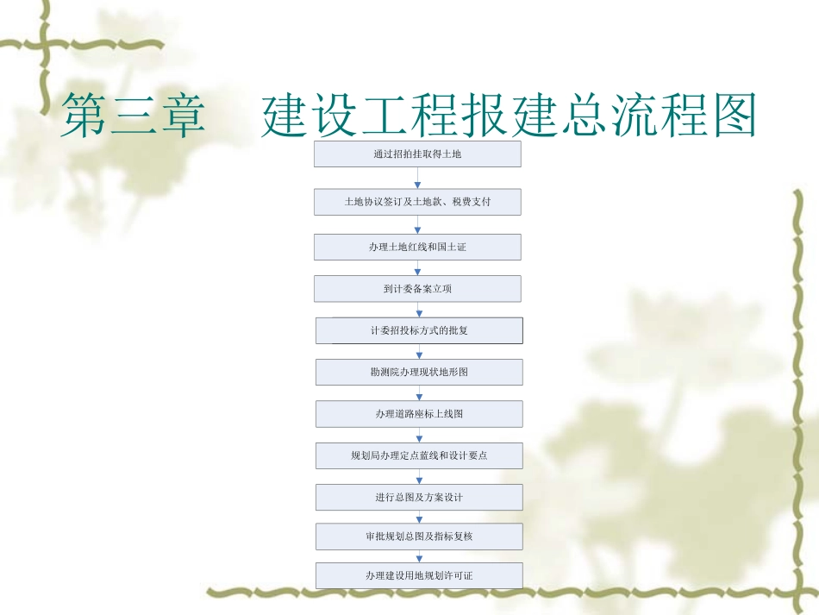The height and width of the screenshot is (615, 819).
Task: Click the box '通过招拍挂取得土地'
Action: click(417, 155)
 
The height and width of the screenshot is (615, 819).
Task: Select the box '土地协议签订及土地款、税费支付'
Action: click(417, 202)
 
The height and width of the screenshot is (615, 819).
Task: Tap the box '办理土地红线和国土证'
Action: click(417, 248)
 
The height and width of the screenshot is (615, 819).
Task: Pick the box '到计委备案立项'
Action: click(417, 289)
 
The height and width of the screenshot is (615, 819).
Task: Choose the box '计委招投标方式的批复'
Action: click(418, 330)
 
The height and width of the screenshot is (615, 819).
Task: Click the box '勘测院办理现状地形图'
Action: click(418, 372)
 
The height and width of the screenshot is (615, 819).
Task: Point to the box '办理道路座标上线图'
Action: click(418, 414)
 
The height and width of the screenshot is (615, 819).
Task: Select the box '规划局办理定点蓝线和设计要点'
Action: click(418, 455)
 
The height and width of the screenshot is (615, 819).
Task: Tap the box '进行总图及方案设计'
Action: click(418, 497)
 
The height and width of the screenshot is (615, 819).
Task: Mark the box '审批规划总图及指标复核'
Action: click(418, 537)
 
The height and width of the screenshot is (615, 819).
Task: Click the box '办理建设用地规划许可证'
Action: click(418, 575)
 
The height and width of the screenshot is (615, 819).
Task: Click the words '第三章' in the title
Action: click(133, 117)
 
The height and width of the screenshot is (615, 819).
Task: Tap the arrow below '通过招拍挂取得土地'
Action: click(418, 178)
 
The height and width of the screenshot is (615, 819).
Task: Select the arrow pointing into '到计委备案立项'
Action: click(418, 269)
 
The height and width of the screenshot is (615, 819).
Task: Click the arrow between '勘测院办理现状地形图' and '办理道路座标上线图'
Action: click(419, 393)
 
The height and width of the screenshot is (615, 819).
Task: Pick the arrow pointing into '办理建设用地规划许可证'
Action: click(419, 556)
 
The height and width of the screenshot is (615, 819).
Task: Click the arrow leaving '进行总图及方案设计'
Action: click(419, 517)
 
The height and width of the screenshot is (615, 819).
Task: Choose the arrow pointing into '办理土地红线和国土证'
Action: click(418, 224)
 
